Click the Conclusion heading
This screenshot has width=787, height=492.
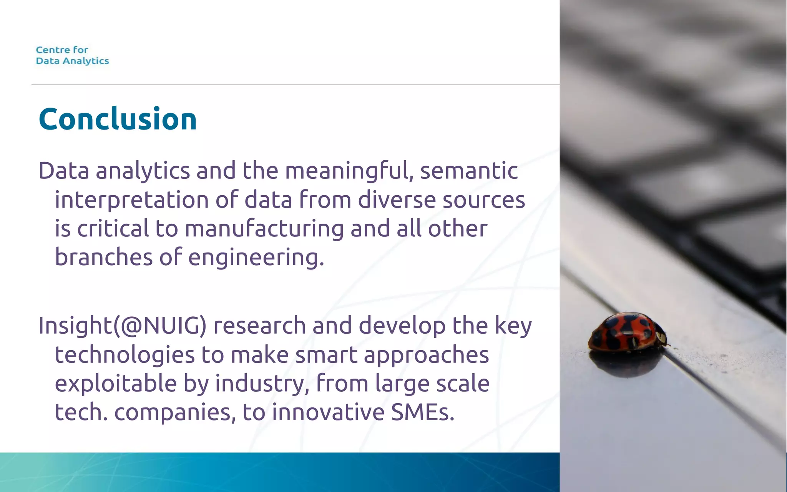118,119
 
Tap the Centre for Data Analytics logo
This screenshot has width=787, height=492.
72,55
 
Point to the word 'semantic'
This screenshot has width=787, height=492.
469,171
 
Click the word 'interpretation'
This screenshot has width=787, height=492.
131,201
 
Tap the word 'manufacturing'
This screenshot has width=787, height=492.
264,229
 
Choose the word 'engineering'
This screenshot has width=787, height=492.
256,258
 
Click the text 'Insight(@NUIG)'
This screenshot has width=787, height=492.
123,326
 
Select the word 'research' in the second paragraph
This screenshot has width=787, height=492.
259,326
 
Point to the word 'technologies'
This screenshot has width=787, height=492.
125,355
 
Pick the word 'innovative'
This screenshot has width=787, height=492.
328,412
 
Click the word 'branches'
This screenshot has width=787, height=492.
104,257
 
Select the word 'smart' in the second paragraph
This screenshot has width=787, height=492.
326,355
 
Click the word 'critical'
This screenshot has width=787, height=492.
113,229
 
